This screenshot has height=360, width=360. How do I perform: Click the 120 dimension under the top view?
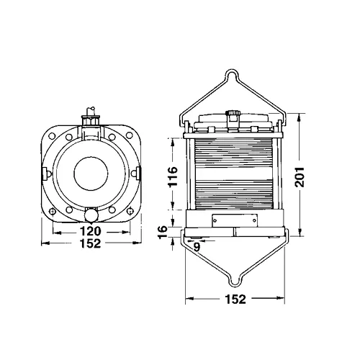pyautogui.click(x=90, y=231)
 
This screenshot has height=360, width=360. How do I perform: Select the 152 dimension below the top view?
pyautogui.click(x=90, y=243)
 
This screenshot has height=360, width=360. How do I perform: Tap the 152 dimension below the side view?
pyautogui.click(x=235, y=299)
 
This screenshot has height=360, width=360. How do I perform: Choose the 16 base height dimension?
pyautogui.click(x=163, y=233)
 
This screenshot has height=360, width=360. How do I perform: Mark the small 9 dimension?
pyautogui.click(x=197, y=246)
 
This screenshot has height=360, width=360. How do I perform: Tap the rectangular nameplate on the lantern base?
pyautogui.click(x=235, y=220)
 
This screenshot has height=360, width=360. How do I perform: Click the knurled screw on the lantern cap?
pyautogui.click(x=235, y=113)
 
